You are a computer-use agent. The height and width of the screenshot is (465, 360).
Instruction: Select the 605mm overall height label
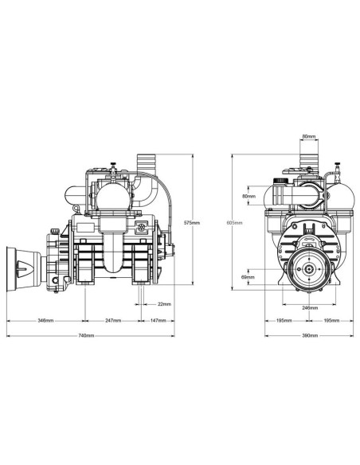tap(233, 222)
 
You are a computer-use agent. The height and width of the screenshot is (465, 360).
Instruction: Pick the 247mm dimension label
tap(112, 321)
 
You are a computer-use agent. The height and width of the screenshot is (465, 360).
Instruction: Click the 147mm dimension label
tap(158, 321)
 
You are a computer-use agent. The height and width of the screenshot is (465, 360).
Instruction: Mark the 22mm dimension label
tap(164, 303)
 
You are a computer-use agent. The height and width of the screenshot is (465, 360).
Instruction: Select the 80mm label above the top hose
tap(307, 137)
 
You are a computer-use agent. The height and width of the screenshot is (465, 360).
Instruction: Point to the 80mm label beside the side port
tap(248, 195)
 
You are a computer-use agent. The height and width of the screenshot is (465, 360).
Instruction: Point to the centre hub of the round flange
tap(307, 270)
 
